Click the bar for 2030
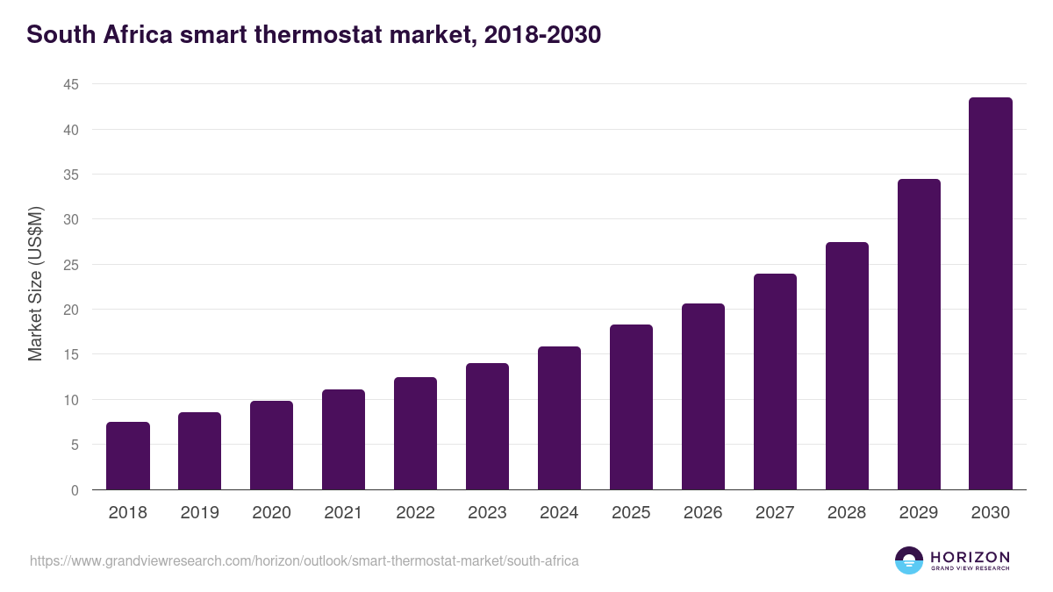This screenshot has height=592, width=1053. tap(990, 294)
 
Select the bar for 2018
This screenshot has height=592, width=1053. tap(128, 456)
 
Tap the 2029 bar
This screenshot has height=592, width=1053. tap(918, 334)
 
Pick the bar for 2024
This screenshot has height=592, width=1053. tap(559, 418)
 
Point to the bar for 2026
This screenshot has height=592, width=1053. tap(703, 396)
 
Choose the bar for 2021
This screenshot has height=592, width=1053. tap(343, 439)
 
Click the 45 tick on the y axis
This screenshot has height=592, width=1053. tap(70, 85)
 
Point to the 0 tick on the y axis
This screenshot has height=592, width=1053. tap(75, 490)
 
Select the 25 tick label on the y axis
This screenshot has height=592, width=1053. tap(70, 265)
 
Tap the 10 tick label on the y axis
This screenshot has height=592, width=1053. tap(70, 400)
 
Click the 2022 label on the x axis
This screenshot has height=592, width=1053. tap(415, 513)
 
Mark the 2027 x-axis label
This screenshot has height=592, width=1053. tap(775, 513)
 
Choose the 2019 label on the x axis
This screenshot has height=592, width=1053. tap(199, 513)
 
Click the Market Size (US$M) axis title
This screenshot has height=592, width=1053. tap(35, 282)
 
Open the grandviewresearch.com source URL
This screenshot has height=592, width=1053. tap(304, 560)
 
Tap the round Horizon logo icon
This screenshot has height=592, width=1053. tap(908, 560)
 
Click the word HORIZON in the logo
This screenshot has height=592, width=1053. tap(969, 556)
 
